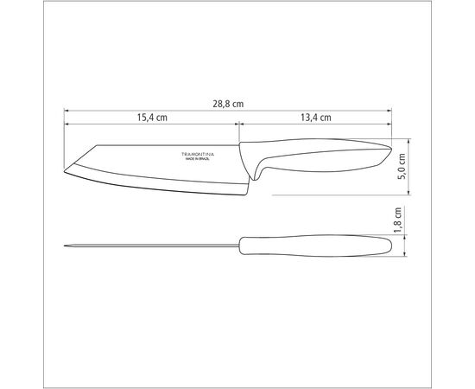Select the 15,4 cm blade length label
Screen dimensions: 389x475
pyautogui.click(x=152, y=118)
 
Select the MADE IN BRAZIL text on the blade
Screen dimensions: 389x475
pyautogui.click(x=202, y=157)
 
